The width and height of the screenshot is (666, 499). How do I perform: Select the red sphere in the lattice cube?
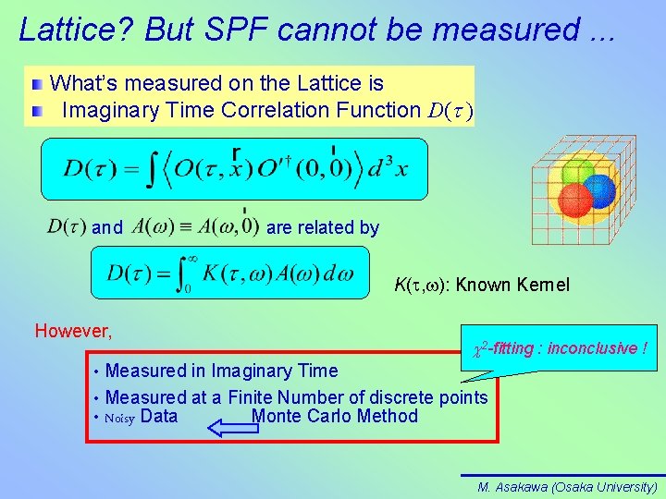tap(575, 199)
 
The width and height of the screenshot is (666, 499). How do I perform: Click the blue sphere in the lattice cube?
tap(599, 191)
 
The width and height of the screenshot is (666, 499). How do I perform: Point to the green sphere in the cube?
tap(577, 173)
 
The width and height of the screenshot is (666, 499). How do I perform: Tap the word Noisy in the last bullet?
tap(120, 418)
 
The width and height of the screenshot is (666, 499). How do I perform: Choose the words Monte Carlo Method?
tap(334, 416)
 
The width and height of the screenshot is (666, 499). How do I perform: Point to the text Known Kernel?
tap(513, 285)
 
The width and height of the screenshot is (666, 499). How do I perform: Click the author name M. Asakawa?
tap(512, 486)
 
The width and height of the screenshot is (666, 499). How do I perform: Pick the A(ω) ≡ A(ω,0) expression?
tap(195, 226)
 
